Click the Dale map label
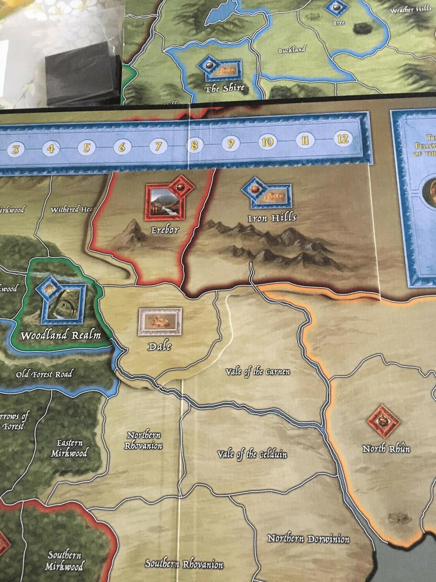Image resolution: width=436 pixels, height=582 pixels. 159,346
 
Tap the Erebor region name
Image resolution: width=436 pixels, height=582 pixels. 165,230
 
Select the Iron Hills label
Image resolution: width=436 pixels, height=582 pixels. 272,217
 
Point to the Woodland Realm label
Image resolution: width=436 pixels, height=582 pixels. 60,335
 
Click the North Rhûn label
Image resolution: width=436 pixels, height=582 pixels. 386,449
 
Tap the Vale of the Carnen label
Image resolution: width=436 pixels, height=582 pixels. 258,372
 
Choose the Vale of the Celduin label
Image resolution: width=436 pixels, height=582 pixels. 252,454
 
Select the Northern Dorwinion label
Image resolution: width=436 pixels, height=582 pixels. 308,539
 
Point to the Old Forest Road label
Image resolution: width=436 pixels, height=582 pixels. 44,374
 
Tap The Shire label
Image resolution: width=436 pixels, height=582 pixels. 224,88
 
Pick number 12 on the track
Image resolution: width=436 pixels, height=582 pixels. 343,139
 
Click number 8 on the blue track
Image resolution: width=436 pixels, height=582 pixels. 194,145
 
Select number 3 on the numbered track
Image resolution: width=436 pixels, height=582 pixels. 16,149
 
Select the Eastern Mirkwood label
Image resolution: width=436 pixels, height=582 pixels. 69,448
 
